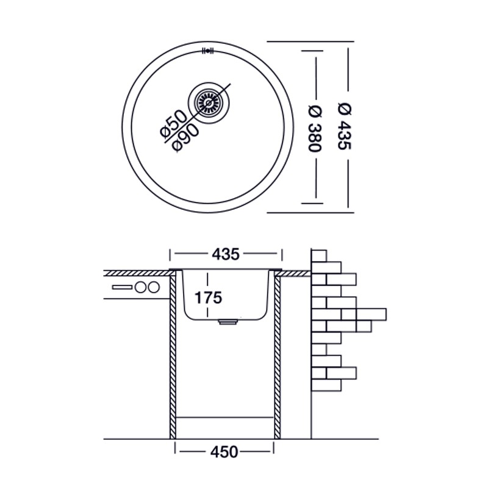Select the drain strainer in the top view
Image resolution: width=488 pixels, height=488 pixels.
tap(209, 102)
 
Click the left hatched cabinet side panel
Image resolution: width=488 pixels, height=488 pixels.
tap(173, 354)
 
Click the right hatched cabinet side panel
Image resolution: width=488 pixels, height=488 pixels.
tap(278, 354)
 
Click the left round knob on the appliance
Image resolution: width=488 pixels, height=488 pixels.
tap(142, 287)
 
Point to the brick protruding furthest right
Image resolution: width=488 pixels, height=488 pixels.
tap(371, 314)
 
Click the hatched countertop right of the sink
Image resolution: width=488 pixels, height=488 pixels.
tap(295, 273)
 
